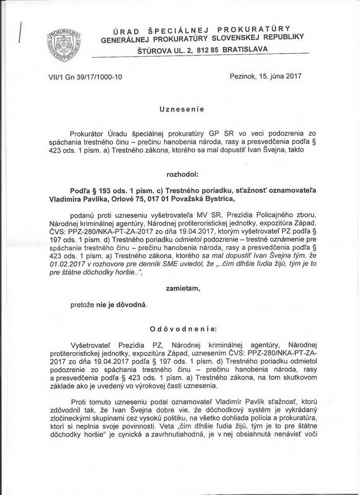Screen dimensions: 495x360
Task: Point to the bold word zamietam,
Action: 183,289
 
